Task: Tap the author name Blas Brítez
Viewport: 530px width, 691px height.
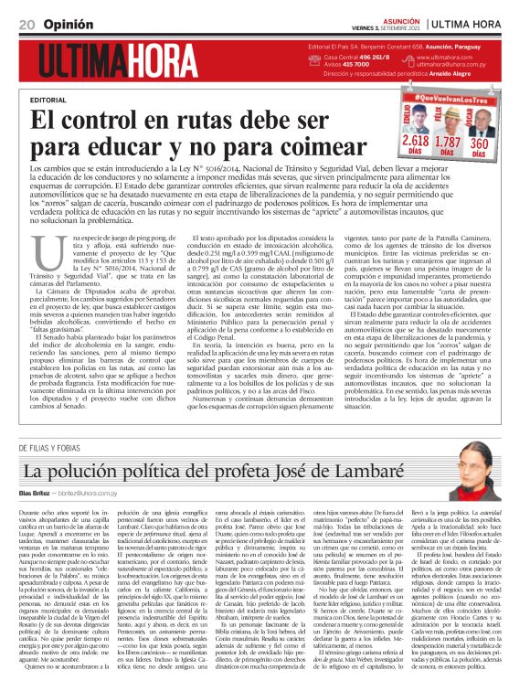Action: coord(37,494)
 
